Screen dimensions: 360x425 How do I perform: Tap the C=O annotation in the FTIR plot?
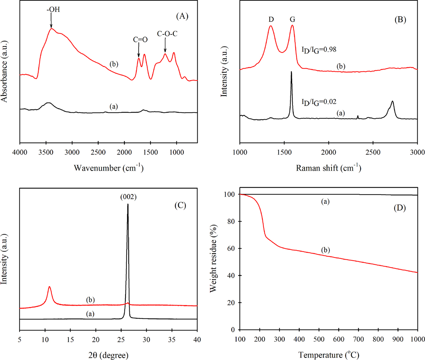click(140, 40)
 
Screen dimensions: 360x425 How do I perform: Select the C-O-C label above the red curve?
click(167, 34)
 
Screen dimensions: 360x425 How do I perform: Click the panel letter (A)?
click(182, 16)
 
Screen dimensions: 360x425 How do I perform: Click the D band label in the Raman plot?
click(271, 20)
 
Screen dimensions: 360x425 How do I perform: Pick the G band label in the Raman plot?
click(292, 20)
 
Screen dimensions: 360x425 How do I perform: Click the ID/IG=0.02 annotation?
click(319, 102)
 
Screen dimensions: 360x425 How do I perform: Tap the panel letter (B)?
click(400, 20)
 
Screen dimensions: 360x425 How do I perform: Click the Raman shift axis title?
click(329, 168)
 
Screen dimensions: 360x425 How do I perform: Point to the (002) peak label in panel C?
click(128, 197)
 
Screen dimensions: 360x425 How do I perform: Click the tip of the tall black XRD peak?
click(128, 204)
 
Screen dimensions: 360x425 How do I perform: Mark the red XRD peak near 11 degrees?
click(49, 287)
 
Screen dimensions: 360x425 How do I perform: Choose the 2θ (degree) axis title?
click(108, 355)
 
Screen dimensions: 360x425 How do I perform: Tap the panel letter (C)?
click(180, 205)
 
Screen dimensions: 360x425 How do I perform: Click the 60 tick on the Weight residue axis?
click(231, 249)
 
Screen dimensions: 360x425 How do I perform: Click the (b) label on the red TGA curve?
click(325, 250)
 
